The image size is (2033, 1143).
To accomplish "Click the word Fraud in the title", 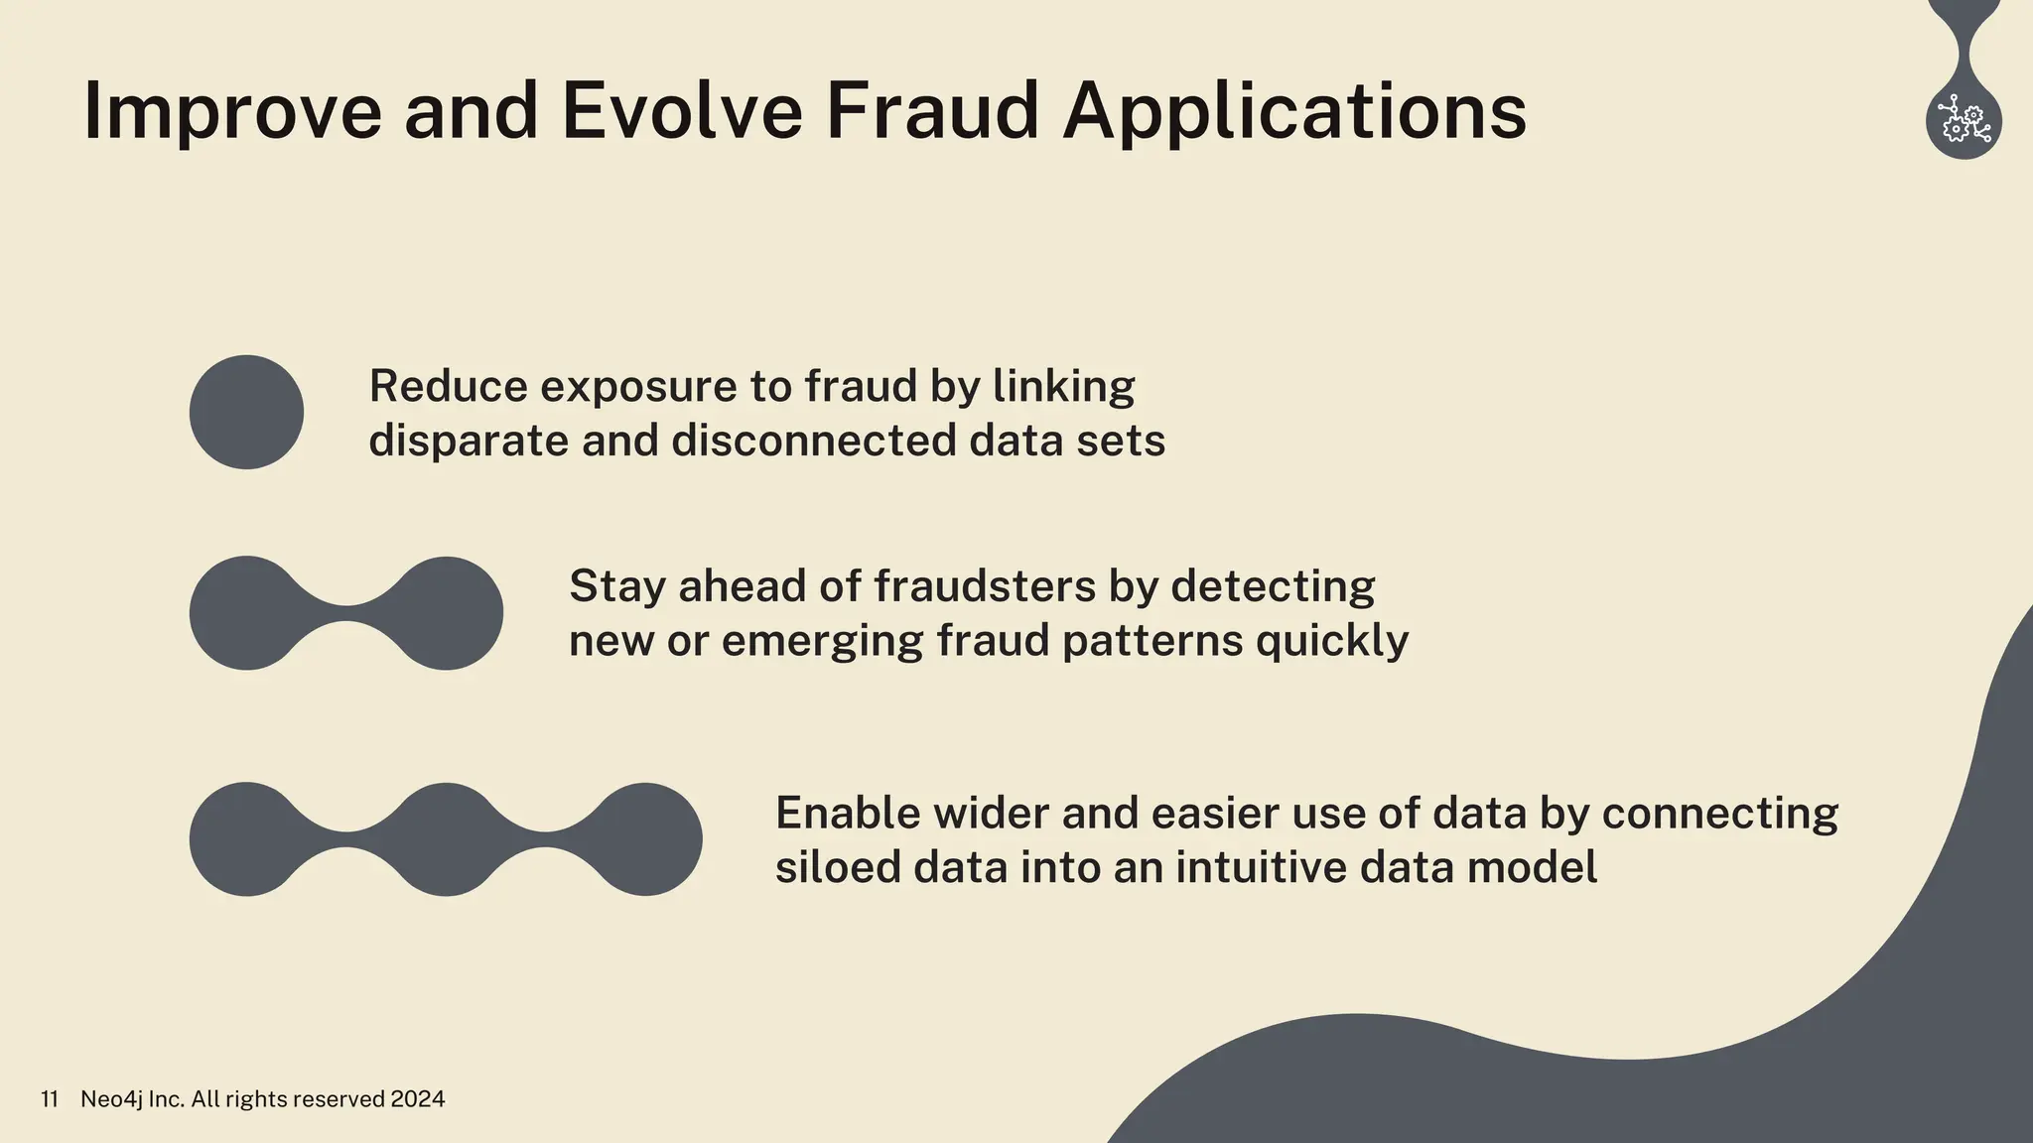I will (931, 111).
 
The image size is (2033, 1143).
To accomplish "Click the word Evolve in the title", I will (681, 111).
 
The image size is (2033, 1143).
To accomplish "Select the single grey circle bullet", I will (246, 412).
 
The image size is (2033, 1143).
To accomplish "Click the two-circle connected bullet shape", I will (345, 613).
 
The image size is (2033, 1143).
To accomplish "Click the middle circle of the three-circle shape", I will (445, 839).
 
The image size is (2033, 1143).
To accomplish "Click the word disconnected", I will (813, 441).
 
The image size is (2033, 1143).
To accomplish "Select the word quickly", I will (1331, 642).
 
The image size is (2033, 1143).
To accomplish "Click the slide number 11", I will (50, 1099).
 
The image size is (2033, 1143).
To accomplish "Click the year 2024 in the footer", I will (417, 1099).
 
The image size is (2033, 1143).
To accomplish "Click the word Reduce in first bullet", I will (448, 387).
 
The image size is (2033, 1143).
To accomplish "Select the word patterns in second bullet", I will (1152, 642).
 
